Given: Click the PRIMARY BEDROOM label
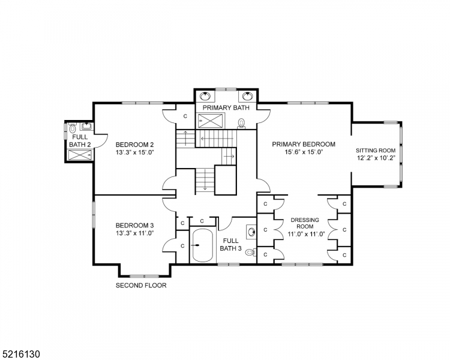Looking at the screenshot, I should (x=303, y=144).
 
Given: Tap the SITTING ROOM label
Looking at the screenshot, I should (x=376, y=151).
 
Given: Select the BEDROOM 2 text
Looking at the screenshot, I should (x=135, y=145).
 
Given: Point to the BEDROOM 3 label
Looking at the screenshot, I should (x=135, y=226).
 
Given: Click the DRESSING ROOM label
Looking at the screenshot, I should (x=305, y=223).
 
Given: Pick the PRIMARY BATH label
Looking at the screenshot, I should (x=225, y=108).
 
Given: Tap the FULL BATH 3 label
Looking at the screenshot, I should (x=230, y=244).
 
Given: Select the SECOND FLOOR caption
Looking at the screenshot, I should (x=141, y=286).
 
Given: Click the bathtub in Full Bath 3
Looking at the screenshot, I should (x=203, y=245).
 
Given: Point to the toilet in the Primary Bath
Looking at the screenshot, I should (x=242, y=124).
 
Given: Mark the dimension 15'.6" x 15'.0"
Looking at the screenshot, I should (x=303, y=152).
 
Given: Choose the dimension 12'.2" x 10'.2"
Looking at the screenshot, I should (x=376, y=158).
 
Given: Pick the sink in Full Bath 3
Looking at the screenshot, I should (x=251, y=231).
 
